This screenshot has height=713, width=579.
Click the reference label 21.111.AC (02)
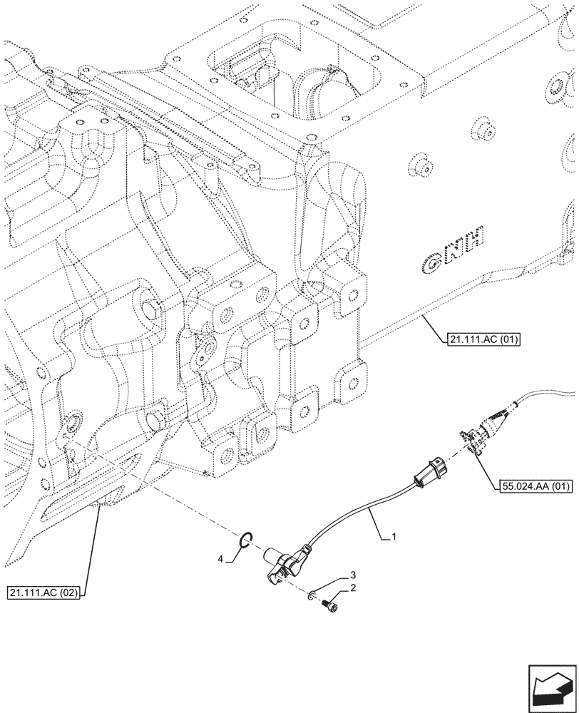click(x=44, y=593)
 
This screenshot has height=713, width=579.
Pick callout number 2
click(x=352, y=588)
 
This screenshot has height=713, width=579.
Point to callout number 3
click(x=352, y=575)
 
